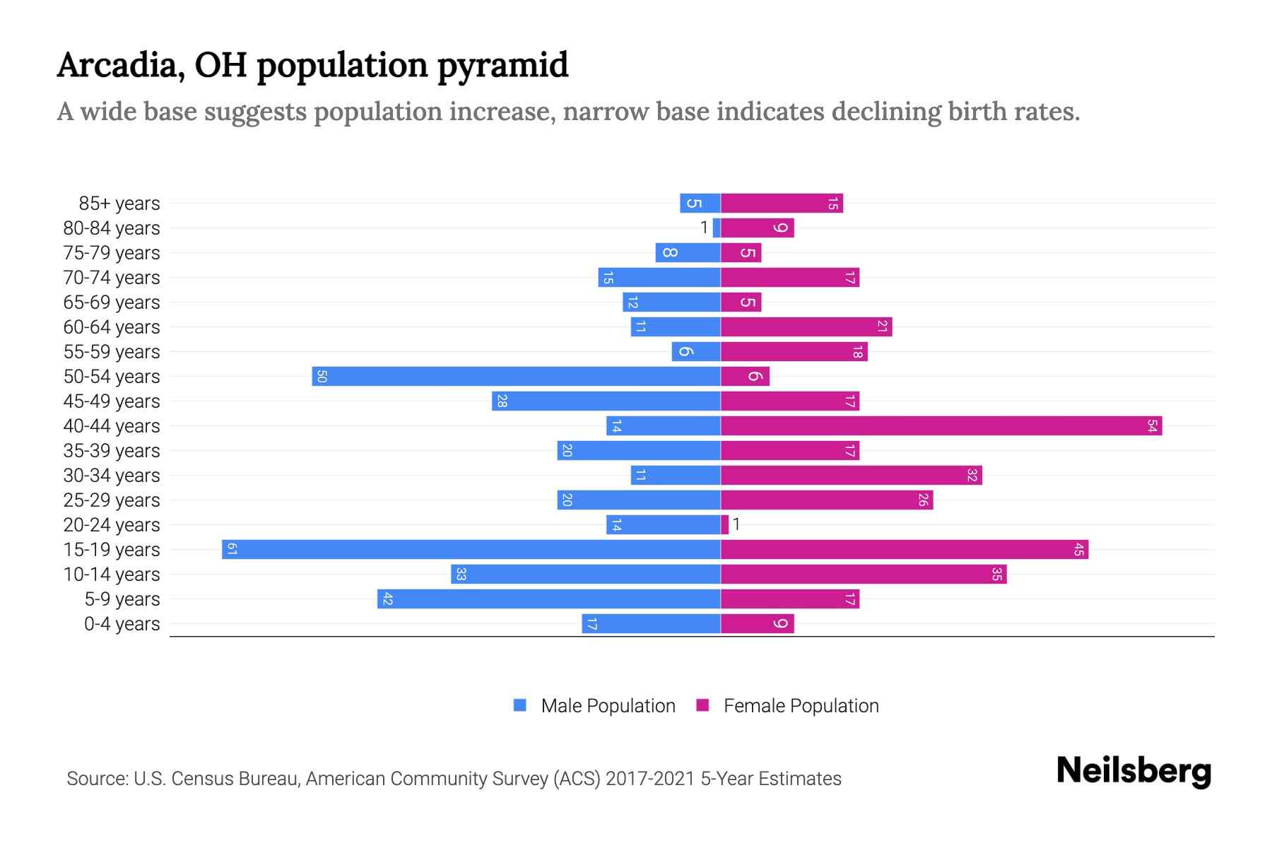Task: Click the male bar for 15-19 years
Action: pyautogui.click(x=471, y=550)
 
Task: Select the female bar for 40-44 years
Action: pyautogui.click(x=941, y=426)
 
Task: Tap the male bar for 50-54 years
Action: pyautogui.click(x=516, y=377)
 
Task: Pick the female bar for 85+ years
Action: pyautogui.click(x=782, y=204)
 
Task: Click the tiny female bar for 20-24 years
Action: pyautogui.click(x=724, y=525)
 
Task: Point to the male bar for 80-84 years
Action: pyautogui.click(x=717, y=228)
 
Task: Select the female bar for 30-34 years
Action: pyautogui.click(x=851, y=476)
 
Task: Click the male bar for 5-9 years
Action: pyautogui.click(x=548, y=599)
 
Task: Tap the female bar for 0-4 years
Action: pyautogui.click(x=757, y=624)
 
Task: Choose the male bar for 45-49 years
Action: pyautogui.click(x=606, y=401)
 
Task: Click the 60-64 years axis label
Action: pyautogui.click(x=112, y=327)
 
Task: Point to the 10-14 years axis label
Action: pyautogui.click(x=112, y=575)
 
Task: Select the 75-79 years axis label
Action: pyautogui.click(x=112, y=253)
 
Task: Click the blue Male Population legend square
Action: pyautogui.click(x=520, y=705)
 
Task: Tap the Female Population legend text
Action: pyautogui.click(x=801, y=706)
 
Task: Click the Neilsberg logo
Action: pyautogui.click(x=1133, y=771)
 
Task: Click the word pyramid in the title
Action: pyautogui.click(x=502, y=66)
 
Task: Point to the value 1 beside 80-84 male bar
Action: pyautogui.click(x=703, y=228)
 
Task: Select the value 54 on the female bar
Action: pyautogui.click(x=1152, y=426)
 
